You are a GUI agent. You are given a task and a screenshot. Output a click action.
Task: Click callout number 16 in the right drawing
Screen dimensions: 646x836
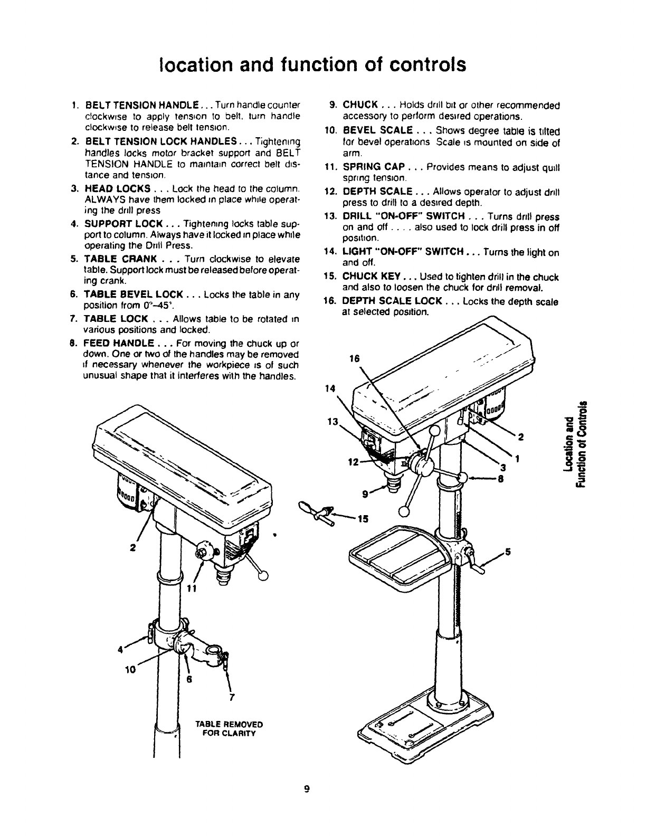pyautogui.click(x=355, y=358)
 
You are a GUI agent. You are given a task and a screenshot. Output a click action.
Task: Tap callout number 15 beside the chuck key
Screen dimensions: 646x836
pyautogui.click(x=363, y=518)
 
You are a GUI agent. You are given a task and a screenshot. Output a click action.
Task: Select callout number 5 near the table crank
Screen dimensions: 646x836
pyautogui.click(x=508, y=553)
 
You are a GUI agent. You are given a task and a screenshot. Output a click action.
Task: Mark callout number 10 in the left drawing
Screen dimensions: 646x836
pyautogui.click(x=130, y=669)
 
